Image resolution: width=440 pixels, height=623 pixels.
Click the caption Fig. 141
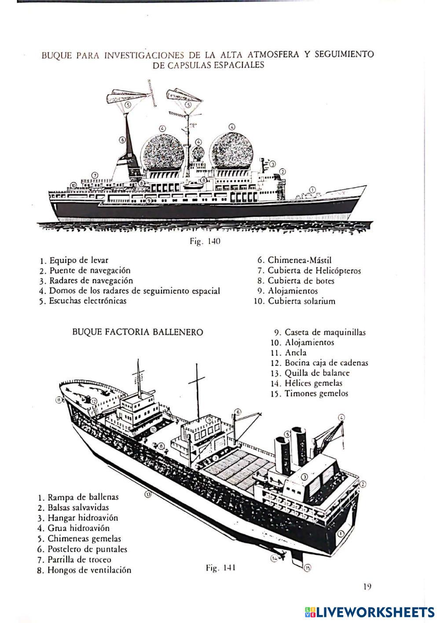tap(220, 568)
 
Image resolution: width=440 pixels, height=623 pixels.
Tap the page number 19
tap(368, 586)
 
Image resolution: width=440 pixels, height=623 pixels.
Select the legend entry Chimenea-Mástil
tap(299, 260)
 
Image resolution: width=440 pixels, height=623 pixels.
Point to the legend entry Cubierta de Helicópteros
tap(314, 271)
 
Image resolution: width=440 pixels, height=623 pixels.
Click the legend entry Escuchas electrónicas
tap(88, 301)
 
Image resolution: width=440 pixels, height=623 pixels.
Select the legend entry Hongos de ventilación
tap(89, 570)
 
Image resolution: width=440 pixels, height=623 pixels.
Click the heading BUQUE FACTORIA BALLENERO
tap(138, 332)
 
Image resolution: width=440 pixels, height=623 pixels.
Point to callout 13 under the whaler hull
tap(148, 494)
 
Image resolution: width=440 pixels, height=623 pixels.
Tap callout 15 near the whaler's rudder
tap(307, 568)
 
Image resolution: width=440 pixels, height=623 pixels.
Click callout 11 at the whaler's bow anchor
tap(59, 400)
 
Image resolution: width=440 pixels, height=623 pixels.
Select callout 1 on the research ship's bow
tap(312, 190)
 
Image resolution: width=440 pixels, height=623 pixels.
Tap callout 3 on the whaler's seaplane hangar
tap(304, 477)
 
